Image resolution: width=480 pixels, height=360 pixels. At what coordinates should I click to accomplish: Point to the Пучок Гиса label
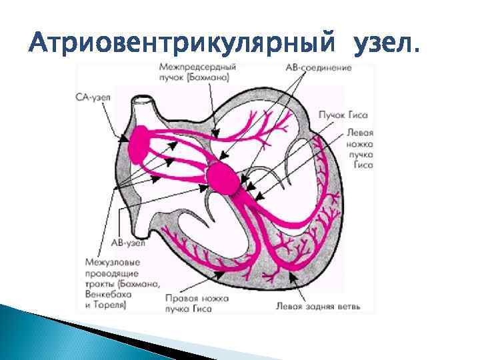click(343, 115)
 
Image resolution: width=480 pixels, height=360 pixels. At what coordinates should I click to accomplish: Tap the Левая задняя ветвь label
click(318, 307)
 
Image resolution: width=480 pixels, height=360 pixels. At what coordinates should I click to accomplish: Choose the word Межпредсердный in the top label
click(198, 68)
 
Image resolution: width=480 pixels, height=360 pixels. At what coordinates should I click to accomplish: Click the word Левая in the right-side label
click(361, 133)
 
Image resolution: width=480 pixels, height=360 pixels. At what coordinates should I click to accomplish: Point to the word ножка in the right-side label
click(361, 143)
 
